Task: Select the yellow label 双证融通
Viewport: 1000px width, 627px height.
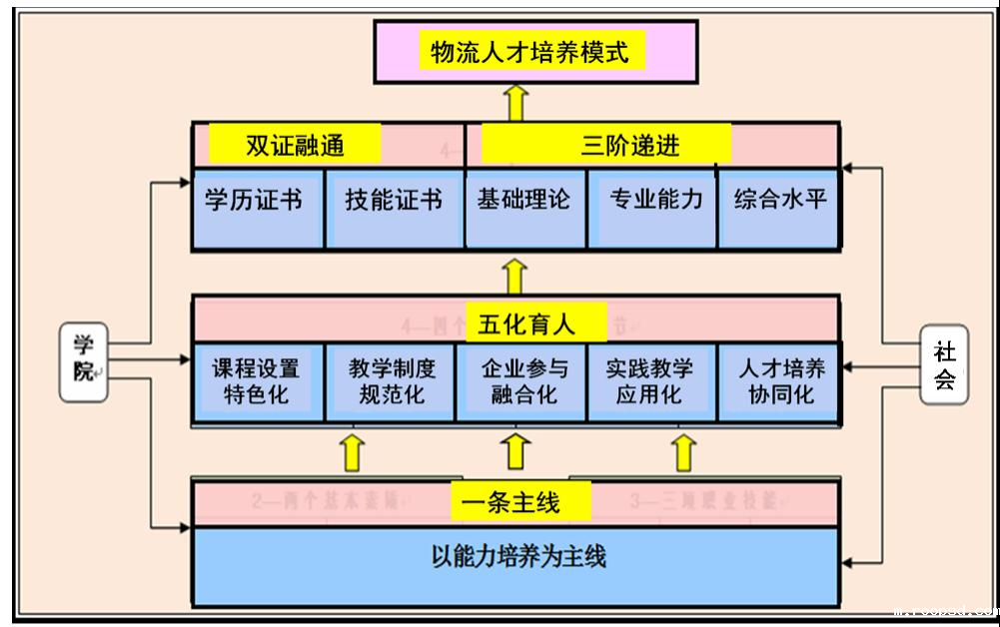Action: coord(295,146)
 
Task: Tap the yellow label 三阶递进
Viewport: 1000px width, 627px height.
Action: coord(606,146)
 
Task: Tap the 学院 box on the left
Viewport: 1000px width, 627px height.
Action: coord(83,360)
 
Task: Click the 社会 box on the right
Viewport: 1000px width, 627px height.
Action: coord(943,365)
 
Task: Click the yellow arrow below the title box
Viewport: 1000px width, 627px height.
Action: coord(515,102)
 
